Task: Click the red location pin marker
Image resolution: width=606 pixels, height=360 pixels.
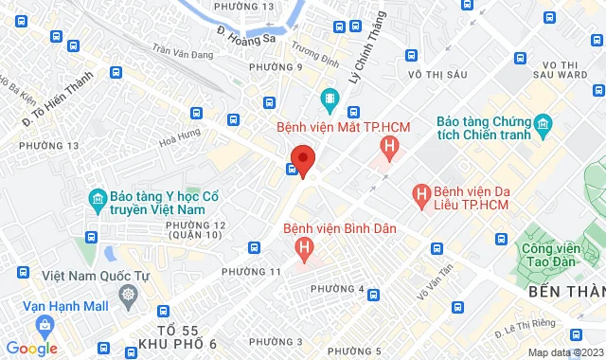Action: click(x=302, y=160)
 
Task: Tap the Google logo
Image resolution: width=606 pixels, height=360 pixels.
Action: click(x=32, y=349)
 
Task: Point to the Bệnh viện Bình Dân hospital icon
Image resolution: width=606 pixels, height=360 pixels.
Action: click(x=304, y=249)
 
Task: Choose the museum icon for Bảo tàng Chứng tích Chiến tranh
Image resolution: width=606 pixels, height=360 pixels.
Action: click(x=543, y=124)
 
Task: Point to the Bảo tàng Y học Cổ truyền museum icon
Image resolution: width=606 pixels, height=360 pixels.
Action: click(x=96, y=198)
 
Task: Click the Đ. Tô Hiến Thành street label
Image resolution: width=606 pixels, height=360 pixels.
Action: click(x=57, y=94)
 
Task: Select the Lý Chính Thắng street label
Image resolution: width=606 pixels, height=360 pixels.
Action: click(x=365, y=46)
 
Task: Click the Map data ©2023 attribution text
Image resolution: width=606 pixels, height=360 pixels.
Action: click(x=564, y=352)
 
